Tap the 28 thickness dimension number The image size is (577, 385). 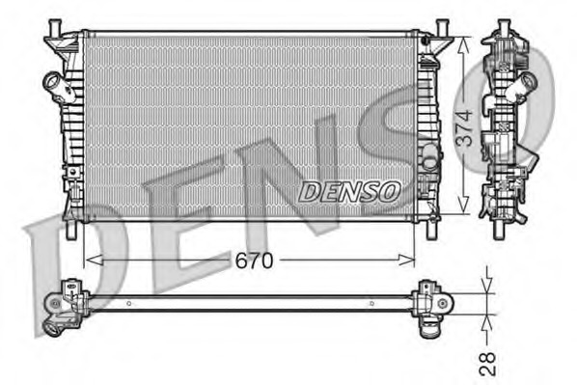[488, 362]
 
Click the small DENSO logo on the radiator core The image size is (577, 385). [348, 191]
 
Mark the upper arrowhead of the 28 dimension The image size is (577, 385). [488, 287]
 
